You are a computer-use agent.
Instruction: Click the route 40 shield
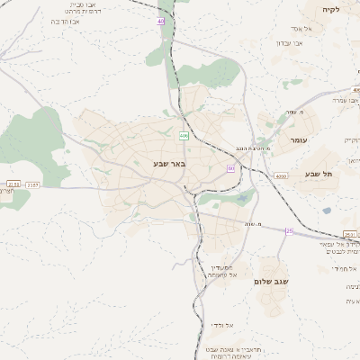point(162,20)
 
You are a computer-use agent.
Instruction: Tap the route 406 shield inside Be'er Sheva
point(184,136)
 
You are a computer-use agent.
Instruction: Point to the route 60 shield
point(231,168)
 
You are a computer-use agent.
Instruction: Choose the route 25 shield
point(289,230)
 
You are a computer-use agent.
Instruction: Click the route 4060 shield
point(282,176)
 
